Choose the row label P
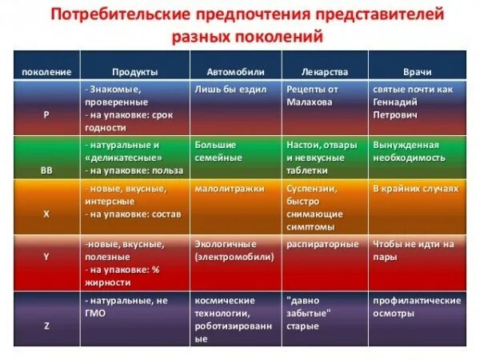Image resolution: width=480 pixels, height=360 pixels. point(46,114)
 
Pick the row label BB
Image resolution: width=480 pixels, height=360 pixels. point(46,170)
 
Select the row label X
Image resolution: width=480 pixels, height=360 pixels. point(46,215)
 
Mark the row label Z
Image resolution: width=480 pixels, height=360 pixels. point(46,325)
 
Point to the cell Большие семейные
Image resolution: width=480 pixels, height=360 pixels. point(218,151)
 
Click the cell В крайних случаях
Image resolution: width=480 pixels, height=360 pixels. point(416,189)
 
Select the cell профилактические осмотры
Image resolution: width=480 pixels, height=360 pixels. point(417,306)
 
